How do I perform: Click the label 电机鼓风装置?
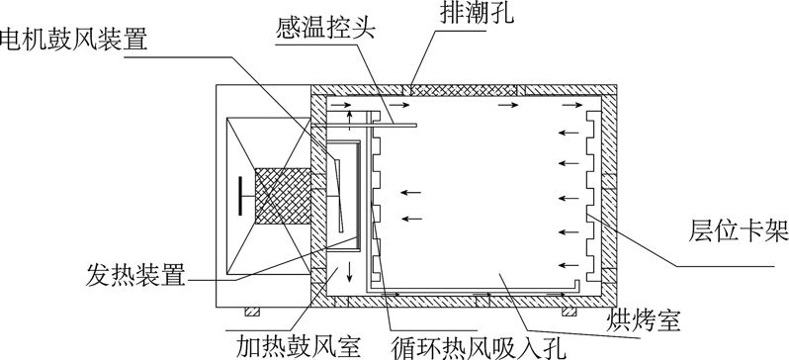pyautogui.click(x=74, y=41)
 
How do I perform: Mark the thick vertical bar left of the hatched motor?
pyautogui.click(x=242, y=195)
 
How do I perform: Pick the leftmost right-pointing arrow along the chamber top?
pyautogui.click(x=338, y=102)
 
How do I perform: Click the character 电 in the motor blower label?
pyautogui.click(x=12, y=41)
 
